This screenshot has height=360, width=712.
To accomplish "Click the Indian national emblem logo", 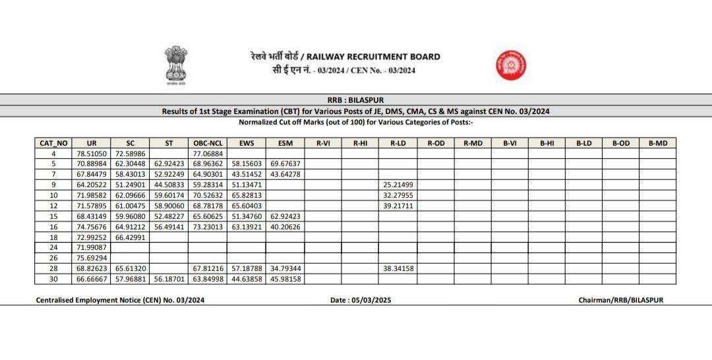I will [176, 65].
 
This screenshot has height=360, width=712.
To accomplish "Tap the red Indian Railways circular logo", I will [511, 67].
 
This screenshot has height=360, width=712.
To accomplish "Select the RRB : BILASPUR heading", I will [356, 100].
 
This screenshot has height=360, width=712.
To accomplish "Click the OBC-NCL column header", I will [208, 143].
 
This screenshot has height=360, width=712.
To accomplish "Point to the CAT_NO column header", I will [53, 143].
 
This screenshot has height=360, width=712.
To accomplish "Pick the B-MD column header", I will [657, 143].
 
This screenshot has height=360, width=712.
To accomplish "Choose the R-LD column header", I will [397, 143].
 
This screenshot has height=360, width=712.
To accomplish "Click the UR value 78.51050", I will [92, 153].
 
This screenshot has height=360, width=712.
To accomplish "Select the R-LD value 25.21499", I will [397, 185].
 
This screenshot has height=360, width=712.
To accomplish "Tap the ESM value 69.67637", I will [285, 164].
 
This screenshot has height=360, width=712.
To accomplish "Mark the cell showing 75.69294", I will [92, 258].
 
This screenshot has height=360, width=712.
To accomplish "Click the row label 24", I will [53, 247].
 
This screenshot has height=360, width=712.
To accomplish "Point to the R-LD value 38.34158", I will [397, 268].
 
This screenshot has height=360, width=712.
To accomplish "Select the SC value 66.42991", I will [131, 237].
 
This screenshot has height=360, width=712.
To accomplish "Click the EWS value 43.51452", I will [247, 174].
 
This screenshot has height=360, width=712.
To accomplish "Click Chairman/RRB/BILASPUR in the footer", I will [620, 300].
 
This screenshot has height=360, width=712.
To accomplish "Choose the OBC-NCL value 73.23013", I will [208, 226].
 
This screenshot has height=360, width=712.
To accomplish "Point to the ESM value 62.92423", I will [285, 216].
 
